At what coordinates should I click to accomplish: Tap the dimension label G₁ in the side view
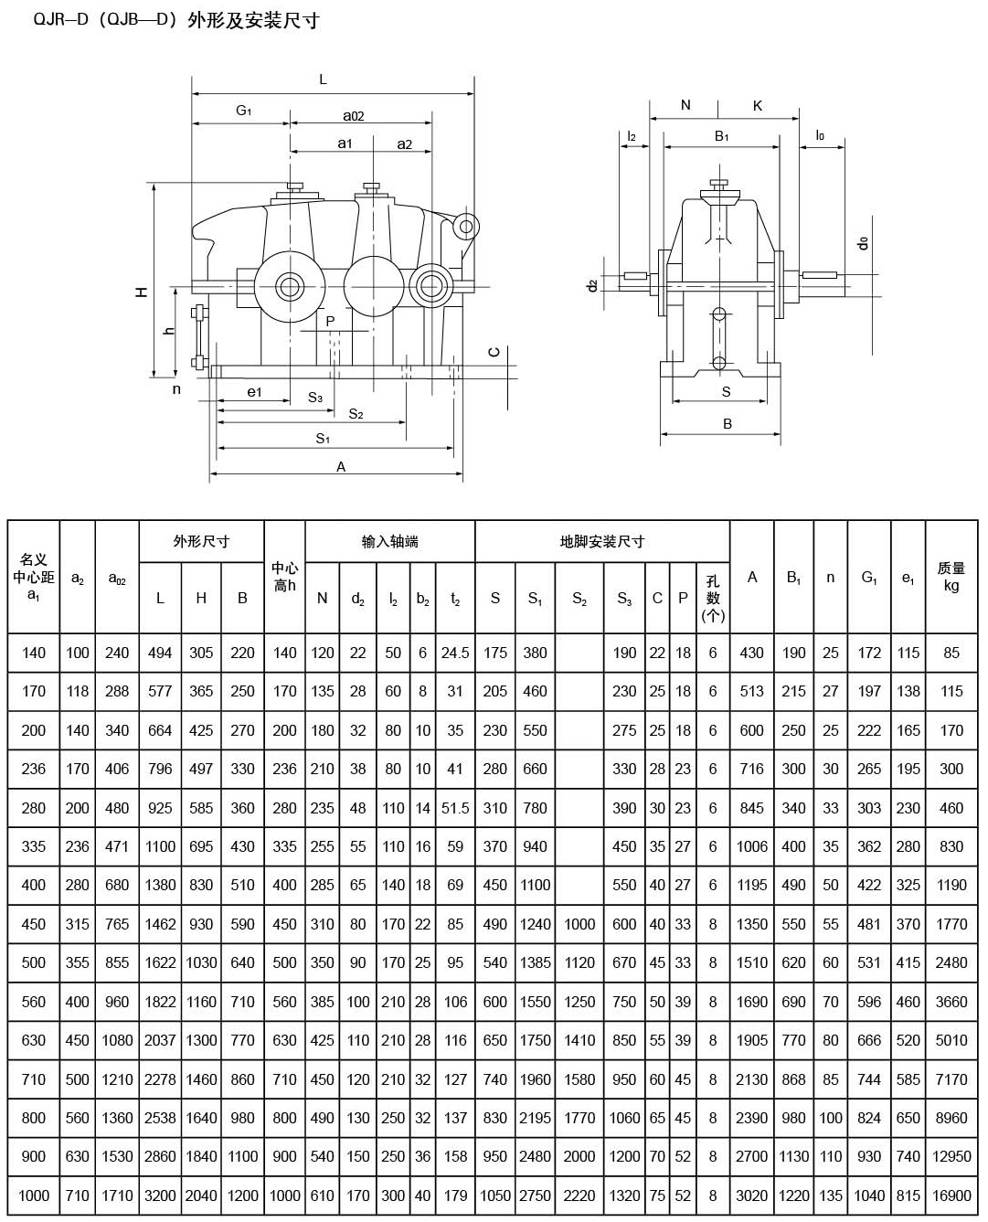click(243, 111)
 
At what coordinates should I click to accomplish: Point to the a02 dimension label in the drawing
click(354, 116)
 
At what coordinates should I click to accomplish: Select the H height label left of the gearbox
click(142, 292)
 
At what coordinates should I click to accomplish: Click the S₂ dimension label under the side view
click(356, 414)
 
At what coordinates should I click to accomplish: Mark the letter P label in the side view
click(331, 321)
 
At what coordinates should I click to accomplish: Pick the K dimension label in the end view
click(758, 106)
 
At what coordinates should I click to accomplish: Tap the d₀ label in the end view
click(862, 244)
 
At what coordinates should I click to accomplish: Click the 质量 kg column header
click(951, 577)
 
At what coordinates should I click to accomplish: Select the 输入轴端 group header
click(390, 542)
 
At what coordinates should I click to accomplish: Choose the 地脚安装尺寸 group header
click(601, 542)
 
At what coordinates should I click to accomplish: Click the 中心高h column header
click(284, 577)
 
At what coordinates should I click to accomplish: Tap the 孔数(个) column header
click(713, 599)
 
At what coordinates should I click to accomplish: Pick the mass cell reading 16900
click(951, 1195)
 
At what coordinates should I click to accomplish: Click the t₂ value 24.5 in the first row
click(455, 653)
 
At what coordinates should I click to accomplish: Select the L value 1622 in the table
click(160, 962)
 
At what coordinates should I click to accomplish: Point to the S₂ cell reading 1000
click(579, 924)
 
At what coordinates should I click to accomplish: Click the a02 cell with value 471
click(117, 846)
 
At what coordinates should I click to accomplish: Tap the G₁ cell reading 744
click(868, 1079)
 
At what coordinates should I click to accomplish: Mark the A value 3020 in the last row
click(751, 1195)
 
